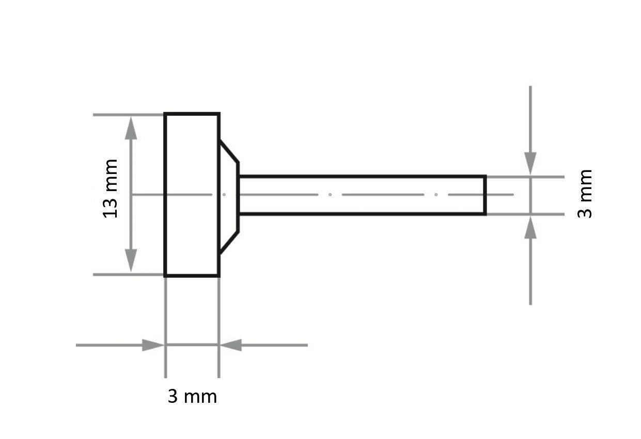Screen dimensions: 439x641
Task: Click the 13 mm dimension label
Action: point(111,189)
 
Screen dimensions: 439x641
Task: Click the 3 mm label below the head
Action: point(192,397)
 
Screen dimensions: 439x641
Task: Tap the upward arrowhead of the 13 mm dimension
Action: point(131,128)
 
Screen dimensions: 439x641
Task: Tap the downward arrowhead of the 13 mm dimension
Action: point(131,261)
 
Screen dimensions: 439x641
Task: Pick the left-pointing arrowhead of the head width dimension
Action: point(230,345)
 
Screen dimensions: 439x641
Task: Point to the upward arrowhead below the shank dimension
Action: point(530,228)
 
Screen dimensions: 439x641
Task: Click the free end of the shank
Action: point(484,195)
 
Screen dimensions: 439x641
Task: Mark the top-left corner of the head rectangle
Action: point(165,114)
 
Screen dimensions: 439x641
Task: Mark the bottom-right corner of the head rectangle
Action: point(219,276)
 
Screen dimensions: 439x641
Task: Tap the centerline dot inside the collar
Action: point(224,195)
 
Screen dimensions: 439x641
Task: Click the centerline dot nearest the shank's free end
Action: point(436,195)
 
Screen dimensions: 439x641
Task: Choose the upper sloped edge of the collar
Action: point(229,151)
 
